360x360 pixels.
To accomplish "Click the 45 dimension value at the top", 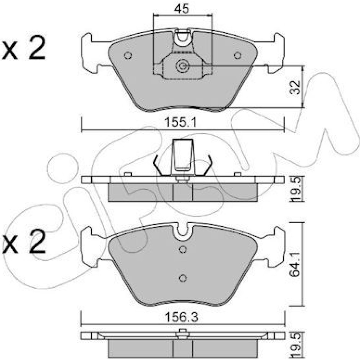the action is click(x=181, y=9).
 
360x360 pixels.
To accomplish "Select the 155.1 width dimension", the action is click(x=181, y=122).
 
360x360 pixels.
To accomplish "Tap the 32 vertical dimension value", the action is click(x=295, y=87).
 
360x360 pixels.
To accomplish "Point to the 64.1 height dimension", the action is click(x=295, y=264).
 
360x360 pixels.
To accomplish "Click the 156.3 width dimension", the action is click(x=181, y=317).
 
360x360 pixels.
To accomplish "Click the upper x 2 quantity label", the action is click(x=23, y=48).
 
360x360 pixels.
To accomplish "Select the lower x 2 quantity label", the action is click(x=23, y=242).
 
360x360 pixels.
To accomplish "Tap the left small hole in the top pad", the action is click(x=128, y=55).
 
